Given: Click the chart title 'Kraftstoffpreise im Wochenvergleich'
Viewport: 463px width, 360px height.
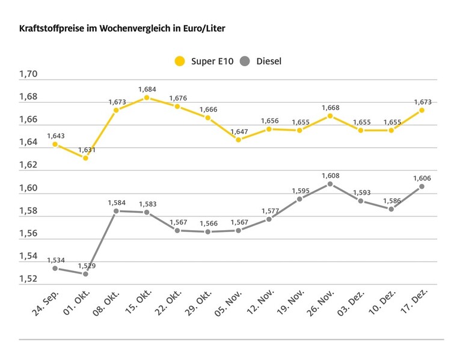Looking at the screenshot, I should [x=122, y=28].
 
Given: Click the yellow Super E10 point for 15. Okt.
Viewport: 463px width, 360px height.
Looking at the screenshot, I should [x=147, y=97].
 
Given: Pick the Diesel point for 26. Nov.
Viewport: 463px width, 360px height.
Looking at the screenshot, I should [x=330, y=184].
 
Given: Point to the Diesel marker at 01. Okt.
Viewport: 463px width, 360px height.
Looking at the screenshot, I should [x=85, y=273].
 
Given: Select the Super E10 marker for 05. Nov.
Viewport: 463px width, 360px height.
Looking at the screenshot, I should [x=238, y=139].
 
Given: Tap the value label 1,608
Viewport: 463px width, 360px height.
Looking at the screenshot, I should [x=330, y=175].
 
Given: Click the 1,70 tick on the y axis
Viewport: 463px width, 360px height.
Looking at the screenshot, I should [x=28, y=75].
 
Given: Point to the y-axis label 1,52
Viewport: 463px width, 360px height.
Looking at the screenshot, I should [x=28, y=279].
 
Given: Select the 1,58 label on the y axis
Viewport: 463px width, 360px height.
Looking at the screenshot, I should [x=28, y=211].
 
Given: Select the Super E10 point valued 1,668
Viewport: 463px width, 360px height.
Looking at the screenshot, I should [x=330, y=115].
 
